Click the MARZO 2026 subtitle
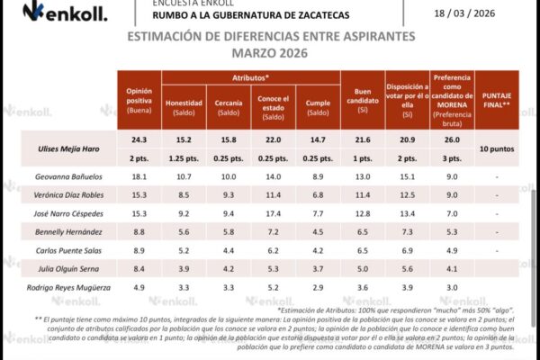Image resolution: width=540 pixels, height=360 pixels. [271, 54]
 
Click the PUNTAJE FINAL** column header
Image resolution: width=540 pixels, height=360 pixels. [498, 100]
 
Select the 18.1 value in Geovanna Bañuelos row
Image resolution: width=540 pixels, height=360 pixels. [138, 176]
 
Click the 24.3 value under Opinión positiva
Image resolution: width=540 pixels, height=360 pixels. [138, 139]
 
